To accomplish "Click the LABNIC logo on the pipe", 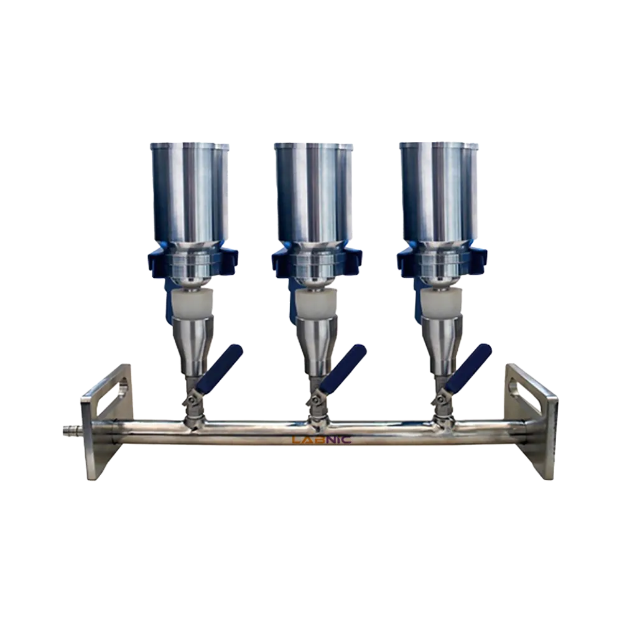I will point(322,440).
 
